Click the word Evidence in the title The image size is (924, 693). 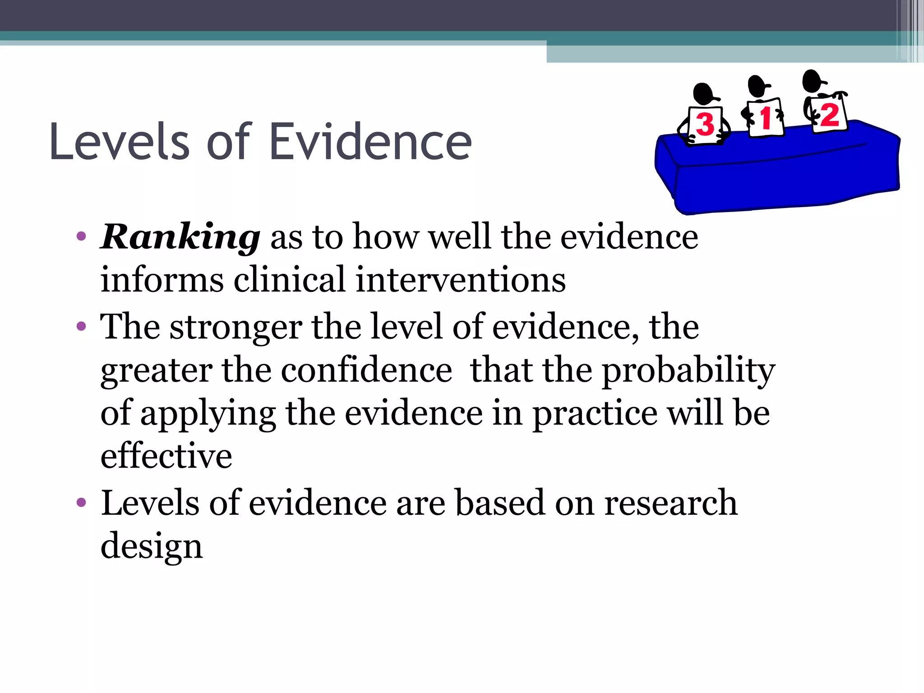tap(370, 142)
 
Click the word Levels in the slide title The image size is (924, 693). tap(120, 142)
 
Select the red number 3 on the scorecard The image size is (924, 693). tap(705, 125)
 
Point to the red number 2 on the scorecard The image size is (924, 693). tap(829, 115)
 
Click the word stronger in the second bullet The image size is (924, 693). tap(236, 327)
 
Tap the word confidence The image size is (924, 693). tap(366, 370)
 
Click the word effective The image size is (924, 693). tap(166, 456)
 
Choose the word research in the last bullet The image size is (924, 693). tap(670, 503)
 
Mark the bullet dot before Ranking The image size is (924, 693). tap(81, 236)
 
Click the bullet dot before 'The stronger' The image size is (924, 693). tap(81, 326)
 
